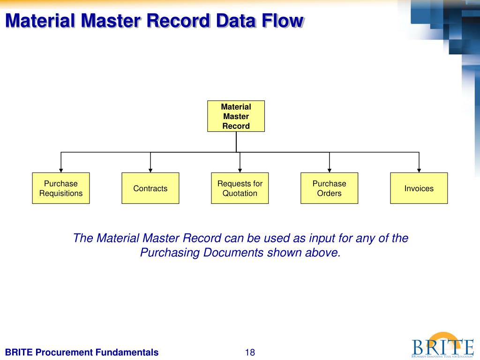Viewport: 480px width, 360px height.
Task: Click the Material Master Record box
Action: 236,116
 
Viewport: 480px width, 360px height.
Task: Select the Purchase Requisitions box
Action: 60,188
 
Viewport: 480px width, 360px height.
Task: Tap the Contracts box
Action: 150,188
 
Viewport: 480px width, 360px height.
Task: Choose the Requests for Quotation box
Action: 240,188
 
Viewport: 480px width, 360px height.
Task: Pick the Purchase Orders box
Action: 329,188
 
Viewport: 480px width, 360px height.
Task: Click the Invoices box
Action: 419,188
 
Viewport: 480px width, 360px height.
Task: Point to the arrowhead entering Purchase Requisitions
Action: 60,170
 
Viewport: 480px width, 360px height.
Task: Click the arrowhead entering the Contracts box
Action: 150,170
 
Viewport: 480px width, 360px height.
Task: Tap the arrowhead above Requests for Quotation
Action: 240,170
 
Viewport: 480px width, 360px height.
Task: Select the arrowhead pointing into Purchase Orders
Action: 330,170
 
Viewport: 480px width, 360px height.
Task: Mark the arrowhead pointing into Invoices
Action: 419,170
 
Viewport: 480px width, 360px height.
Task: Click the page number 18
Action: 250,352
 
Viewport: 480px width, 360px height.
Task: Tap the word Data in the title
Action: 232,21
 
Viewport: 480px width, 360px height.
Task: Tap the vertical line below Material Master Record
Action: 236,142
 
